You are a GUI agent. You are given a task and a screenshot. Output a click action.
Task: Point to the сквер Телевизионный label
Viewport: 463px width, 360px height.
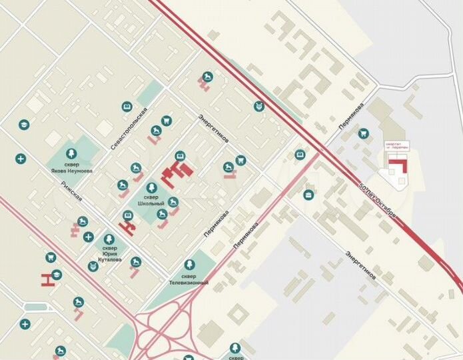click(x=190, y=279)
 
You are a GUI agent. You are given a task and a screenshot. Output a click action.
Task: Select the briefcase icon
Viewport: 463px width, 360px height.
click(x=308, y=195)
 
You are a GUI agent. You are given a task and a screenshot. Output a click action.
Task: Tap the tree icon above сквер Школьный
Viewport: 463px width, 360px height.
click(x=152, y=187)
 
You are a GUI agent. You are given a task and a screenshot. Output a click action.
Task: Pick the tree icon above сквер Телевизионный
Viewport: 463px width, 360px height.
click(x=190, y=265)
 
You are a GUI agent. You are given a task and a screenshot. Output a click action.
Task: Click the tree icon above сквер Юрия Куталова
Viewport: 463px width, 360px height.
click(x=109, y=238)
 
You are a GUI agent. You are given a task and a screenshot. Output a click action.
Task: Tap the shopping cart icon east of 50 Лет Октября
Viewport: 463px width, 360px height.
click(x=363, y=133)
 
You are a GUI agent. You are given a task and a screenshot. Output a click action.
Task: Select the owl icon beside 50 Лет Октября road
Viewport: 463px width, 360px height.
click(x=258, y=106)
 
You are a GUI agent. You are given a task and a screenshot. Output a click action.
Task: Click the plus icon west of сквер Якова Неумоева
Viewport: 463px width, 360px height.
click(x=20, y=159)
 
